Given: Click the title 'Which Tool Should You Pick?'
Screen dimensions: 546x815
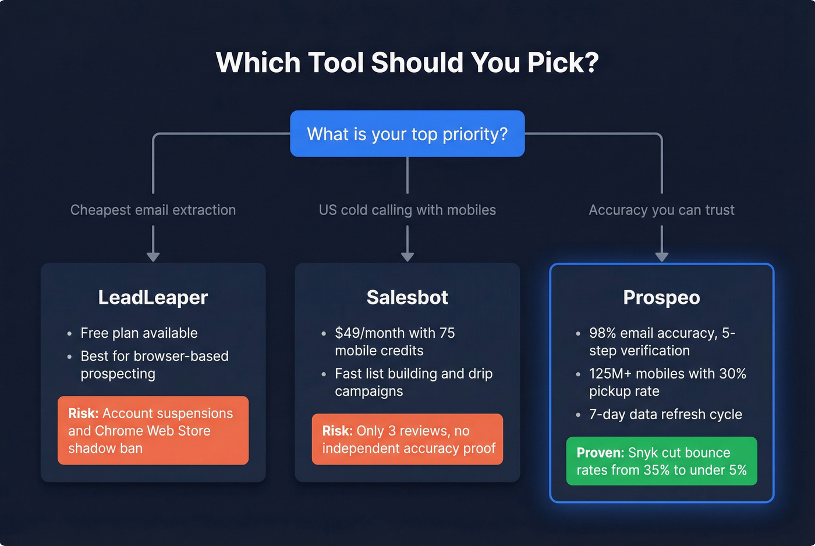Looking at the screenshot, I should [407, 63].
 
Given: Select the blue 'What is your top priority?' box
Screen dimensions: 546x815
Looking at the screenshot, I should [407, 134].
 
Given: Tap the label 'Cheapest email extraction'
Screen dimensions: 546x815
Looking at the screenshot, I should [153, 210].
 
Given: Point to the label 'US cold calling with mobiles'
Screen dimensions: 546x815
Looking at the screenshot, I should [407, 210].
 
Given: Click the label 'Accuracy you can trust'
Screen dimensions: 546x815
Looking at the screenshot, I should [661, 210].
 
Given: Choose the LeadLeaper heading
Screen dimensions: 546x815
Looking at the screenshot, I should [153, 297].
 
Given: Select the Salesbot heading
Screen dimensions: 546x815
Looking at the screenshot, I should [407, 297].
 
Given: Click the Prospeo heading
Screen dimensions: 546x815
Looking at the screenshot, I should [661, 297].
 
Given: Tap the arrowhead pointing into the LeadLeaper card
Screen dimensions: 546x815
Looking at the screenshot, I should [153, 256].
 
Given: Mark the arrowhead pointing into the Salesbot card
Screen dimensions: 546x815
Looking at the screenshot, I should [408, 256].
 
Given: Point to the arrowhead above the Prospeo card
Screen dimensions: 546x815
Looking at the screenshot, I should [662, 256].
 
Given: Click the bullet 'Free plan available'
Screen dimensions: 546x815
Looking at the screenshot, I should [139, 333].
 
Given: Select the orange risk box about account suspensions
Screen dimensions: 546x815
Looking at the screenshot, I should [153, 430].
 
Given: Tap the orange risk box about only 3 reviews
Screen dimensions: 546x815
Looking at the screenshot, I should [407, 439].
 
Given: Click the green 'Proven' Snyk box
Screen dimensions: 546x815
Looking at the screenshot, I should [661, 461].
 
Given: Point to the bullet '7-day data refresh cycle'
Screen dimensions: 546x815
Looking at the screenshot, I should [665, 415].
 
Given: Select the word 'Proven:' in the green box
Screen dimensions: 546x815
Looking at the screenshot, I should [600, 453].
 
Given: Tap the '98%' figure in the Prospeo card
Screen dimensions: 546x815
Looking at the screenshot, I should [603, 333].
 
